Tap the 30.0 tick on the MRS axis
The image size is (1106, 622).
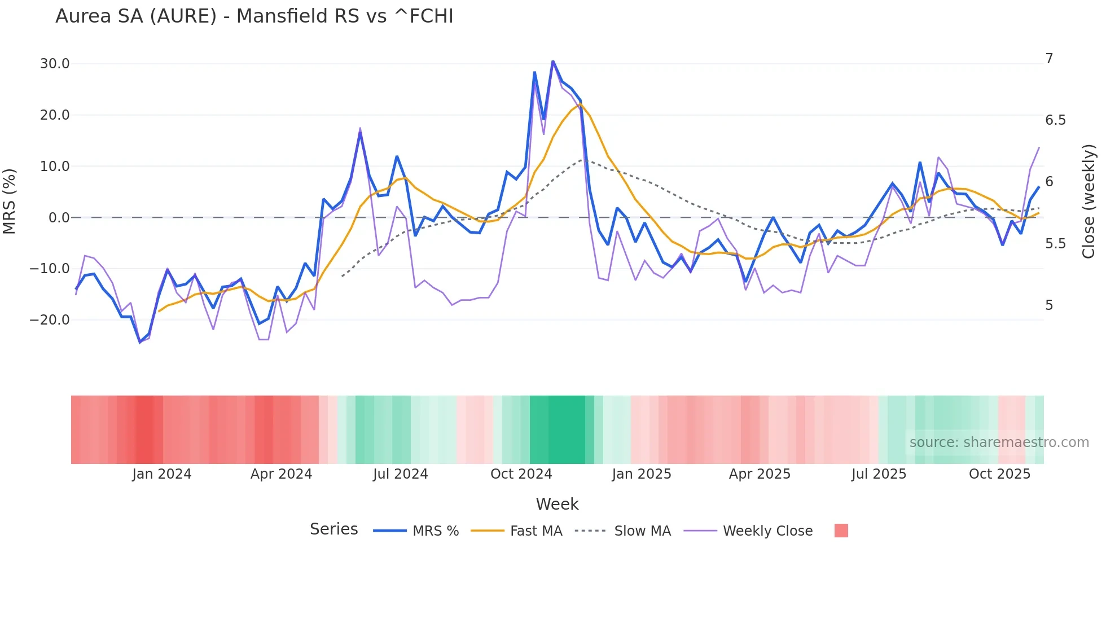[55, 64]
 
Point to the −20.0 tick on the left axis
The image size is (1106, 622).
[50, 320]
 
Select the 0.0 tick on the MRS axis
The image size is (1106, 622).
[59, 218]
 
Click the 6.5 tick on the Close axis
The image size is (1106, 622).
[1055, 120]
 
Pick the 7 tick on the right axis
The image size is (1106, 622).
[1049, 59]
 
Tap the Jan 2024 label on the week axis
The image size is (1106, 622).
[162, 474]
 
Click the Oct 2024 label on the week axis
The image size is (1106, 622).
[521, 474]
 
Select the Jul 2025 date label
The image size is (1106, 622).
[879, 474]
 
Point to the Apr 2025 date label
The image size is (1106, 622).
[760, 474]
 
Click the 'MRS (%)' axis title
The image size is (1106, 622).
[10, 201]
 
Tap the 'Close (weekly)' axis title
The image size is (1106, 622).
[1089, 201]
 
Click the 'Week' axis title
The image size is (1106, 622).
[557, 504]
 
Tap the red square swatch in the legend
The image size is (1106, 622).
[841, 531]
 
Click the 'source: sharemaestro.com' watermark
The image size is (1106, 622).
[999, 443]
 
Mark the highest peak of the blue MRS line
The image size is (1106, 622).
[553, 61]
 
